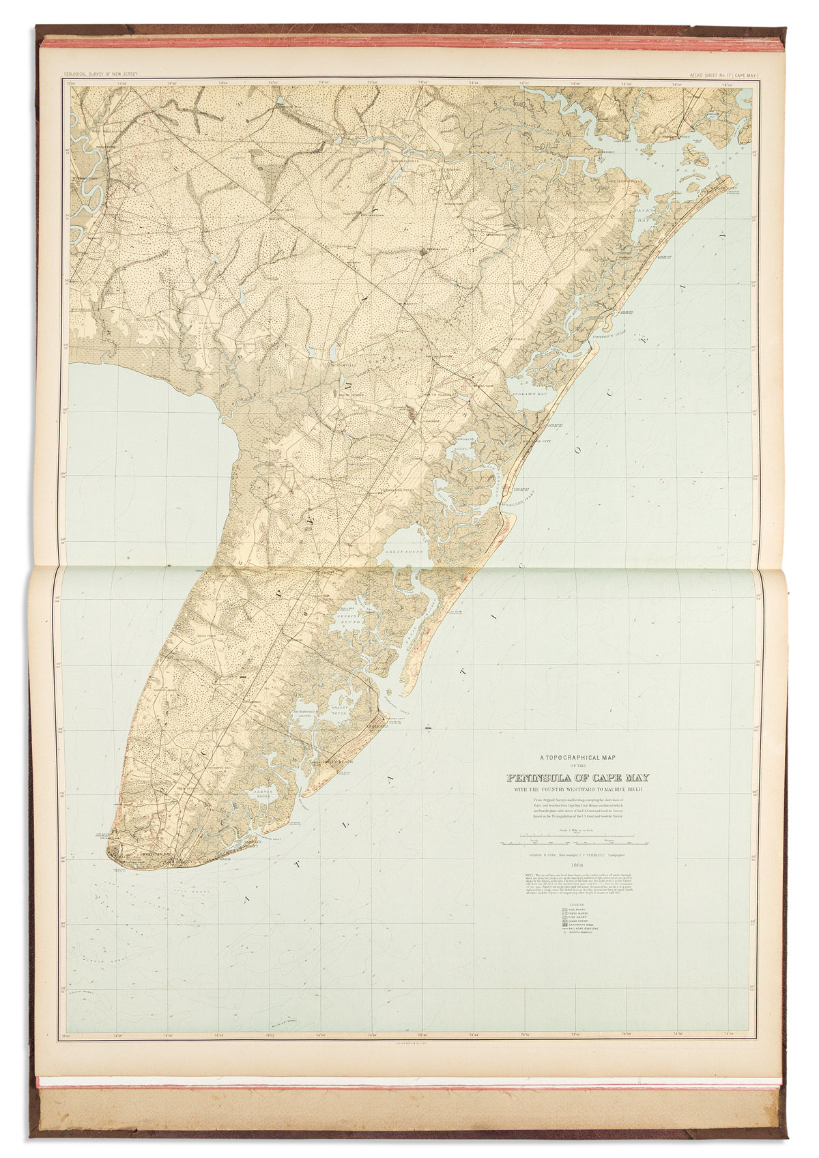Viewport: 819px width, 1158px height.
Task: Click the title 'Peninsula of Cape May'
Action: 577,778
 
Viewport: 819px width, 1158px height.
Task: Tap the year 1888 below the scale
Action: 577,864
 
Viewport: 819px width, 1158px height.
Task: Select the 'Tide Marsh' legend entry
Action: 576,910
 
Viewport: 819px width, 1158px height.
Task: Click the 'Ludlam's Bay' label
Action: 529,394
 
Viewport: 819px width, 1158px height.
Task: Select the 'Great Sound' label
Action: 405,551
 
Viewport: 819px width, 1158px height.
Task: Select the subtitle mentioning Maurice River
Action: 577,790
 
